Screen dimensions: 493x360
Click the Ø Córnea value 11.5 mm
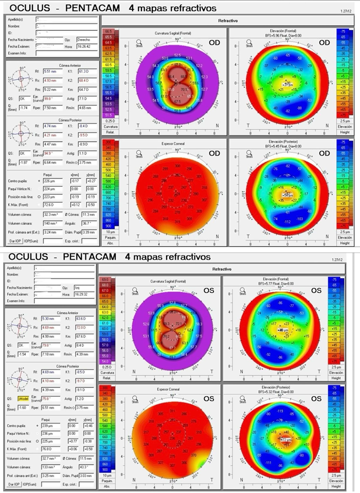(x=85, y=458)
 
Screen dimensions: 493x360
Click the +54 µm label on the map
(x=284, y=196)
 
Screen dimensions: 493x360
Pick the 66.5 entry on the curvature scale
(x=108, y=32)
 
